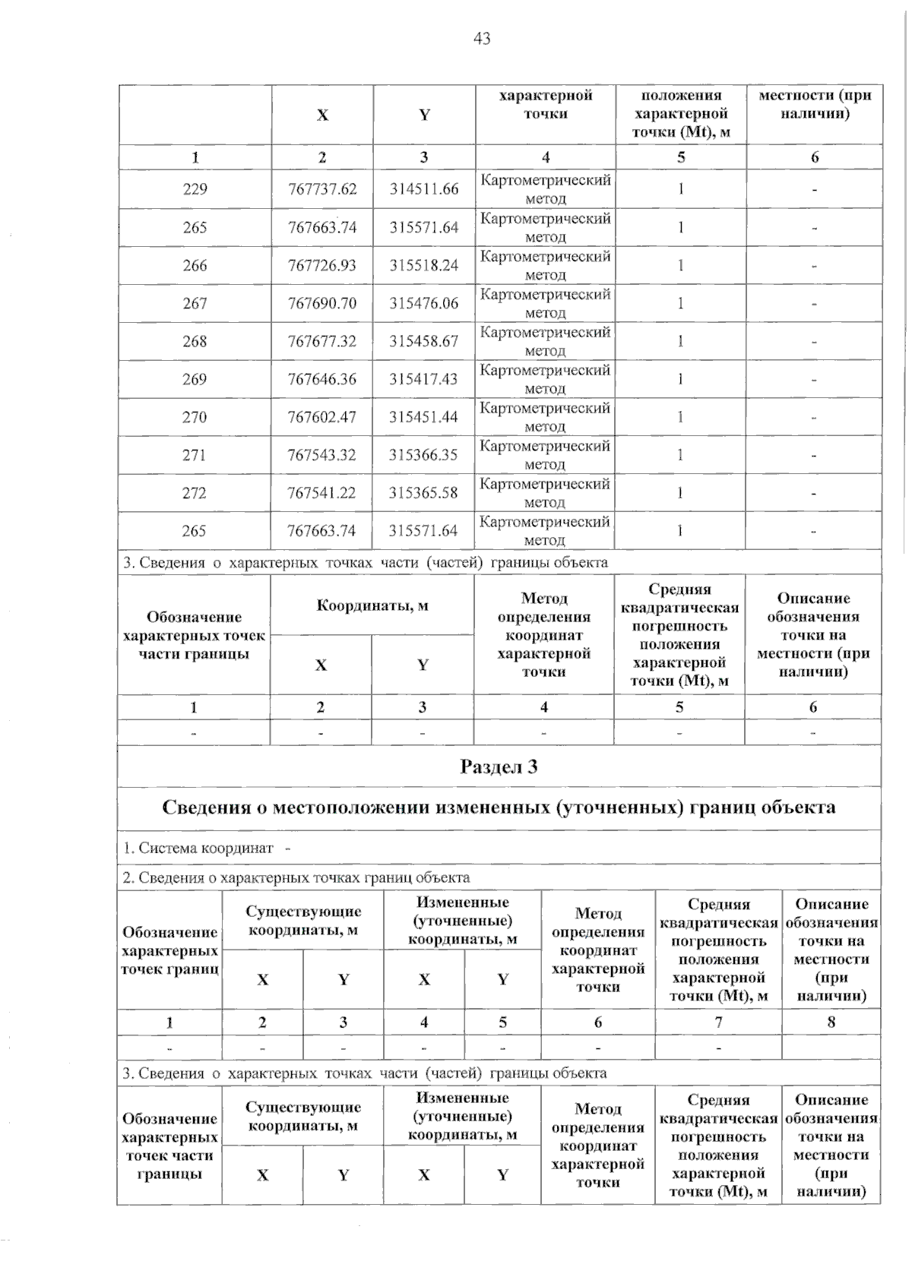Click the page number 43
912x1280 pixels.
click(x=482, y=39)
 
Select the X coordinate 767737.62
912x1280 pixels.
click(x=322, y=189)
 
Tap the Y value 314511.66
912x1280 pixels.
click(x=424, y=189)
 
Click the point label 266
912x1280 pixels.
click(x=195, y=265)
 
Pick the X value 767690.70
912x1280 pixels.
click(x=322, y=303)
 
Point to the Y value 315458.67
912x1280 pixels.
click(x=424, y=341)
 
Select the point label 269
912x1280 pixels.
click(x=195, y=379)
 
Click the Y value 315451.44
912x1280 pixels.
click(x=424, y=417)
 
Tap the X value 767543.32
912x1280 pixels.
click(x=322, y=455)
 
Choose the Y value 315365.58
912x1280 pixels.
click(x=424, y=493)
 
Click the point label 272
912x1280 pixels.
click(x=195, y=493)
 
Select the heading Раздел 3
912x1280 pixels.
click(x=499, y=766)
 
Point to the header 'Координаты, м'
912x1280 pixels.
click(x=372, y=605)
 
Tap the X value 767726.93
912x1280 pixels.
click(x=322, y=265)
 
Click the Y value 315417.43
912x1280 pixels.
click(x=424, y=379)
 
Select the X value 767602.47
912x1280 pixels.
click(x=322, y=417)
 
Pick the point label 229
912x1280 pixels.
click(x=195, y=189)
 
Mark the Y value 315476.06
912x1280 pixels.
click(x=424, y=303)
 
